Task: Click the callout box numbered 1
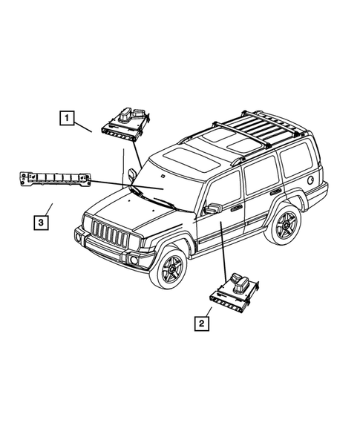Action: [67, 117]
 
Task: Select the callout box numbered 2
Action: [199, 323]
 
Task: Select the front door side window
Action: [223, 192]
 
